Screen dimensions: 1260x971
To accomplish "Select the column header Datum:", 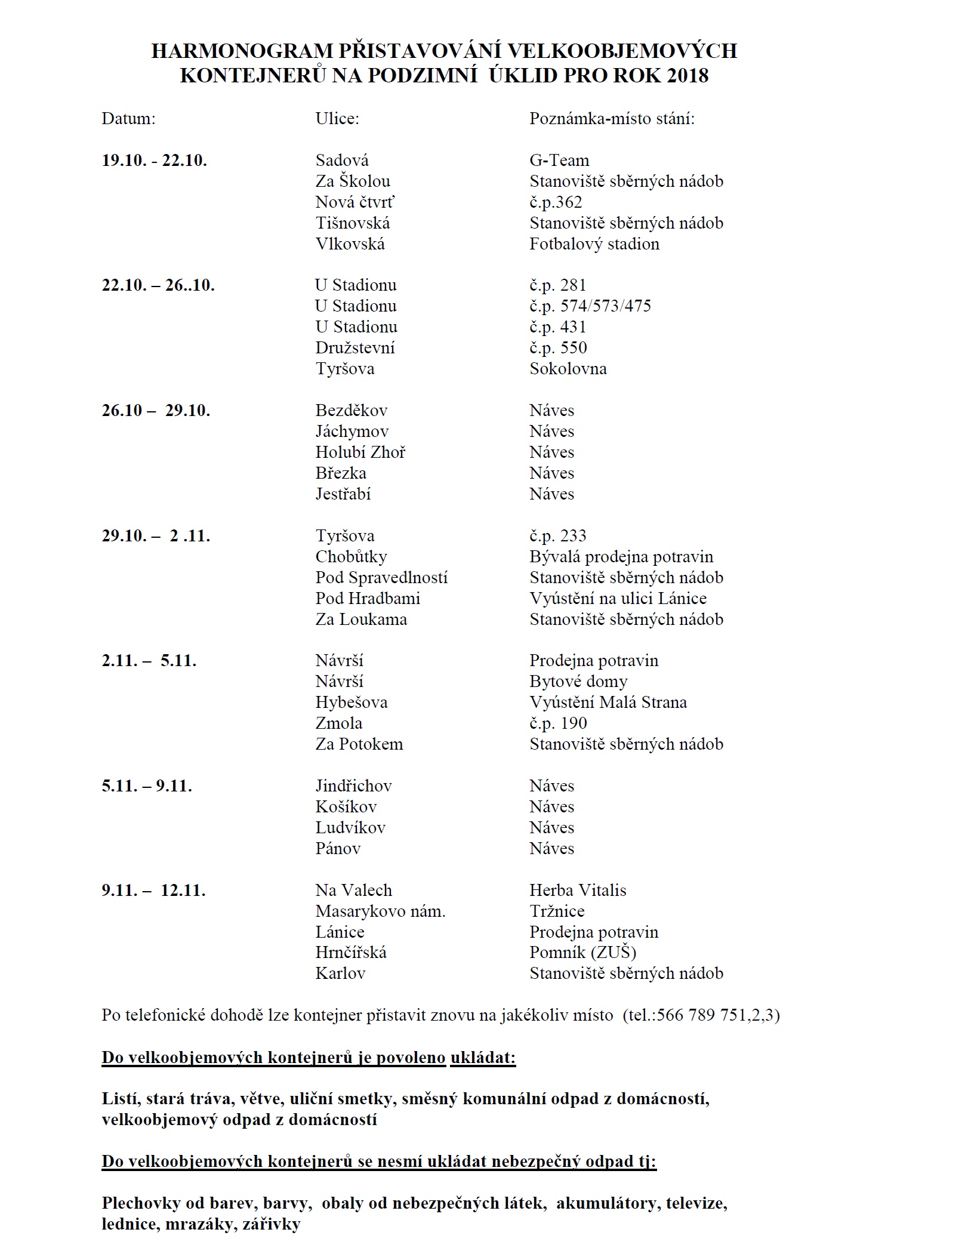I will [x=128, y=119].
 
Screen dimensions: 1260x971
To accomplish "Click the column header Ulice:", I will [x=337, y=119].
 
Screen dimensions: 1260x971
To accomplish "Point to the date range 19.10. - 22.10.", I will [x=155, y=161].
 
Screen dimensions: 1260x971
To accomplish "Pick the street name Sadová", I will [x=342, y=161].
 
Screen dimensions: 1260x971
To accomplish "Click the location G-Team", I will [x=559, y=161].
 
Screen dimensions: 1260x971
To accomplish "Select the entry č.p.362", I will [x=556, y=202].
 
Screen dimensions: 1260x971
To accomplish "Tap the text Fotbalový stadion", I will [x=594, y=244].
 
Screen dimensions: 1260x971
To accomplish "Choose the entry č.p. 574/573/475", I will [x=590, y=306].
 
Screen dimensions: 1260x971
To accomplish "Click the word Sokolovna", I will [x=568, y=369].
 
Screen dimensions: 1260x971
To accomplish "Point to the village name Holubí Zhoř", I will [x=360, y=452].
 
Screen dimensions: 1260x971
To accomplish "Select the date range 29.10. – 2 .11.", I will [x=156, y=536].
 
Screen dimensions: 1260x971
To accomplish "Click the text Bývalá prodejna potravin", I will [x=621, y=557].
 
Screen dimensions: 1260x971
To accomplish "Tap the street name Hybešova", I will [x=352, y=703].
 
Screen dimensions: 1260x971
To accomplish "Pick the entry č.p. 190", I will [x=558, y=723].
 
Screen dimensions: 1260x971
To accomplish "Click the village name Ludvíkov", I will [x=350, y=828].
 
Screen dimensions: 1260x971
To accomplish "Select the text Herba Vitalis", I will [x=578, y=891].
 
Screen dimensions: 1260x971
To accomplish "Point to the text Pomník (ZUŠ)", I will [x=583, y=953].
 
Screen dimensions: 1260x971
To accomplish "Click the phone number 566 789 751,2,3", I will [x=718, y=1015].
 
